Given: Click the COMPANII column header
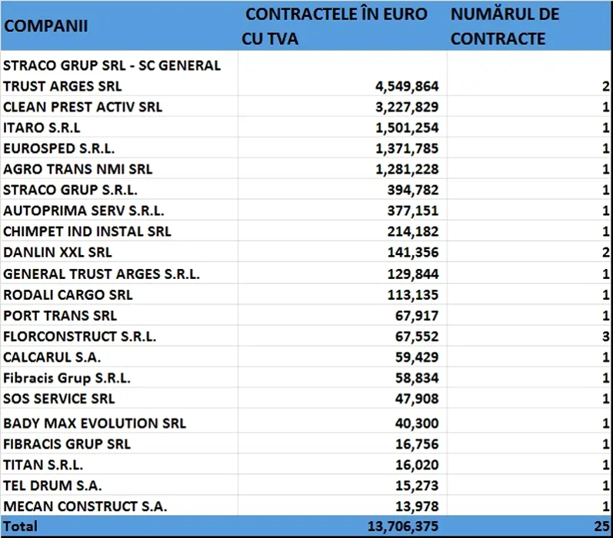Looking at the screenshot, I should pos(46,25).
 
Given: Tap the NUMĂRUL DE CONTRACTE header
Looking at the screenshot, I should pos(505,26).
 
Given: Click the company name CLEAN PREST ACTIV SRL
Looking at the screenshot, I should pos(83,107).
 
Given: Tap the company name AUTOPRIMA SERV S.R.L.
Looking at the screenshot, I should pos(84,211).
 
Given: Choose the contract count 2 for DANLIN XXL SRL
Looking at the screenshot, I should pos(607,252).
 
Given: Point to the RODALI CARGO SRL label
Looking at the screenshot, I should pos(68,294).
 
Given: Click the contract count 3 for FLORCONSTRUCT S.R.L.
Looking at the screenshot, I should pos(607,336).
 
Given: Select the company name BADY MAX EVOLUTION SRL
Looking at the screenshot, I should pos(95,423).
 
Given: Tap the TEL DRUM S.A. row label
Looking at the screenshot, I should pos(52,486).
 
